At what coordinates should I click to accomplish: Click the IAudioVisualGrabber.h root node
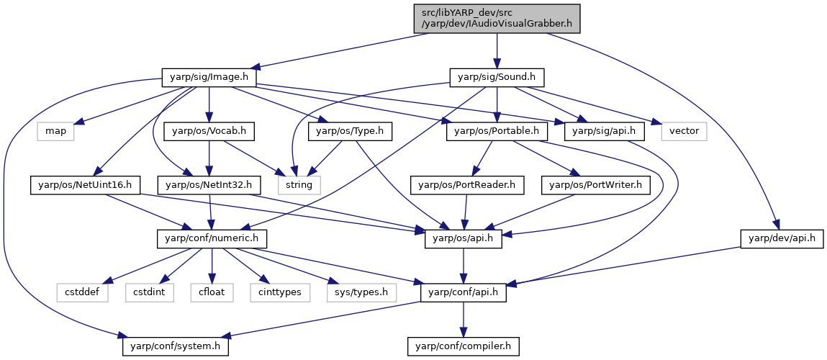click(497, 19)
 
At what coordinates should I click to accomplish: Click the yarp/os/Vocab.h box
click(209, 131)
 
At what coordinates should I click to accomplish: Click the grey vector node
click(684, 131)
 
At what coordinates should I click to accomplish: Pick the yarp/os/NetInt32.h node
click(209, 185)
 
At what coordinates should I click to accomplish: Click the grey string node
click(299, 185)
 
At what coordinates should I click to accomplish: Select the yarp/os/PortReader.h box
click(467, 185)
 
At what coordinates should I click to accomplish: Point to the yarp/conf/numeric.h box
click(212, 240)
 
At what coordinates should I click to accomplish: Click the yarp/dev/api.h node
click(779, 240)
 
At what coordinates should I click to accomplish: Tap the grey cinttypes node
click(276, 292)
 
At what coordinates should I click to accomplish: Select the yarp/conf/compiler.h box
click(463, 346)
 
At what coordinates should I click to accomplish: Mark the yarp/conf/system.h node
click(176, 346)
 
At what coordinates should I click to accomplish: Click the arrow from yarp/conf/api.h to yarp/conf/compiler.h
click(463, 320)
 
